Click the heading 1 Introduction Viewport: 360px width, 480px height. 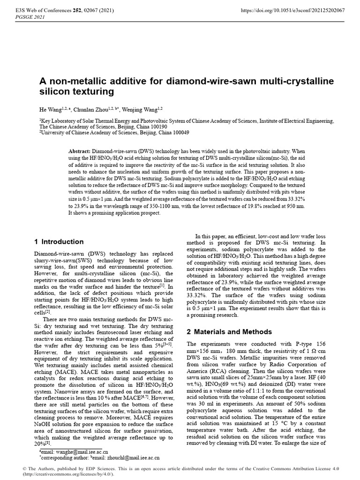coord(59,242)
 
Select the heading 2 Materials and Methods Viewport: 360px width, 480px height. coord(232,332)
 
